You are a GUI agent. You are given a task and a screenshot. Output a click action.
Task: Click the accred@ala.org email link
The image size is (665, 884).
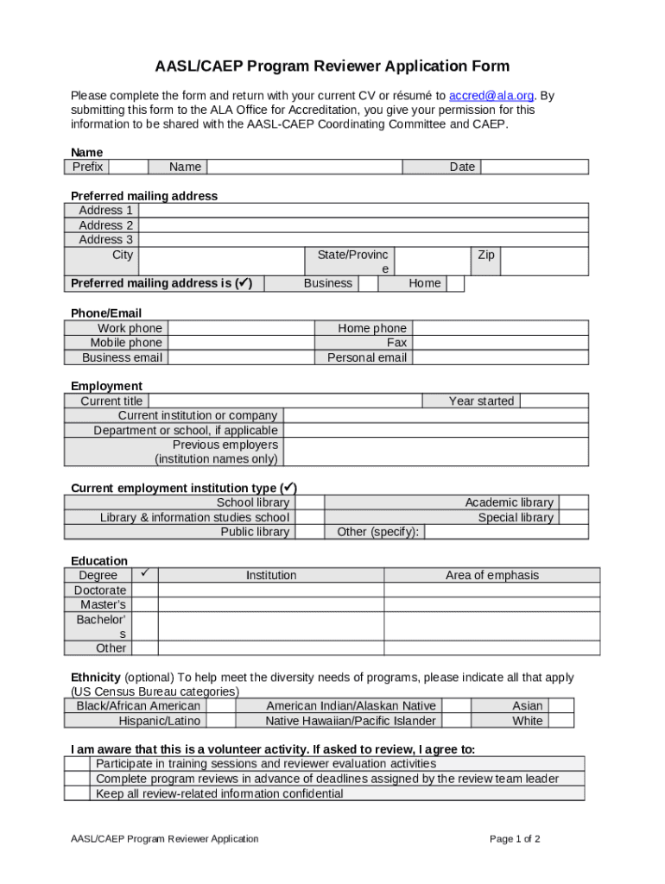click(x=491, y=95)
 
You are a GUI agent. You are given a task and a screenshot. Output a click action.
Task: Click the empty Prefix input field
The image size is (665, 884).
click(x=128, y=167)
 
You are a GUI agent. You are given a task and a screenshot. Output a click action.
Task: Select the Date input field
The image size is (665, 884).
click(x=534, y=167)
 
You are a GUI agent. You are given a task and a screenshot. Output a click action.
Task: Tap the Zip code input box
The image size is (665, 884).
click(x=544, y=262)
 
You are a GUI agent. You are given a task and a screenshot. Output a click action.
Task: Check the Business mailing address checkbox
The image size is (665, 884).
click(x=368, y=283)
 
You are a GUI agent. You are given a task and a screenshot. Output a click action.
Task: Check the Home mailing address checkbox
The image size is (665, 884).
click(x=455, y=283)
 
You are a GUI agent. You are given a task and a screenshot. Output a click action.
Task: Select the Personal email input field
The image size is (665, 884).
click(x=499, y=357)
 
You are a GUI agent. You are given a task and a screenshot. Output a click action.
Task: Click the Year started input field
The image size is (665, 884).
click(x=554, y=401)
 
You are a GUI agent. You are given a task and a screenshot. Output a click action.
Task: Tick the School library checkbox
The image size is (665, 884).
click(x=308, y=502)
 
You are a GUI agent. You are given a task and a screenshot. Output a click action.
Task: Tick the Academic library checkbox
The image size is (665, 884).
click(x=573, y=502)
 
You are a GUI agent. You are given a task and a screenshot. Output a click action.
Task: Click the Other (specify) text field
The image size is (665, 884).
click(x=506, y=532)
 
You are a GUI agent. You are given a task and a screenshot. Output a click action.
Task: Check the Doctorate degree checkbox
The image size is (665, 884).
click(x=145, y=590)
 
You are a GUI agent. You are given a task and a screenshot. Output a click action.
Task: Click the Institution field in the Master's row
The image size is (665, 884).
click(x=270, y=604)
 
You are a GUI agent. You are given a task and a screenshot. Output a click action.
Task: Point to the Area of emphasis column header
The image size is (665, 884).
click(x=491, y=575)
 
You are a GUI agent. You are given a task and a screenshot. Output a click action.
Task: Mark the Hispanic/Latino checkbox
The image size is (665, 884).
click(x=220, y=721)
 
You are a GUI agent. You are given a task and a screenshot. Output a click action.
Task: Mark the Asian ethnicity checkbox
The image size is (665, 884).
click(x=561, y=705)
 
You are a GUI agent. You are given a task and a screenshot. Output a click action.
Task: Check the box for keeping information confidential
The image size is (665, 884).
click(x=78, y=793)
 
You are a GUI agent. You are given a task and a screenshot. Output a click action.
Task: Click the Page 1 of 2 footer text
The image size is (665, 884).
click(x=515, y=838)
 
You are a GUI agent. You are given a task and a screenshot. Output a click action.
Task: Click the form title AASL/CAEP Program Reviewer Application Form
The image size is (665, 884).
click(x=332, y=66)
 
